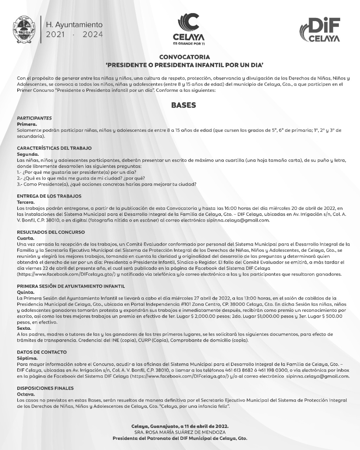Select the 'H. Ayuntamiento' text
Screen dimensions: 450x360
click(75, 25)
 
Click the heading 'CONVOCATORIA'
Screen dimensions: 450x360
click(185, 57)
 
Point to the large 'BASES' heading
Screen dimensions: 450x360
click(184, 105)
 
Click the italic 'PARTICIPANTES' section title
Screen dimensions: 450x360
click(34, 118)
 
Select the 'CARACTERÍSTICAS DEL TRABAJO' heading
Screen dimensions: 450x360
click(54, 148)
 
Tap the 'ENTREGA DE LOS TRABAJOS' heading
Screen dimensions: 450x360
click(49, 196)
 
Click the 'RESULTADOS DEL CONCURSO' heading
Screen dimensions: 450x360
click(51, 232)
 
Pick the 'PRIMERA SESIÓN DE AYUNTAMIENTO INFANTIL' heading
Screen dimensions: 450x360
click(71, 286)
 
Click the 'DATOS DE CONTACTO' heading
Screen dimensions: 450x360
click(42, 352)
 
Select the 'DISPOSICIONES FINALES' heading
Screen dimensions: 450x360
click(45, 388)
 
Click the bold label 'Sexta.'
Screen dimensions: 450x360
click(24, 328)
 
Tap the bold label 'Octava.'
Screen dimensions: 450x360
click(26, 394)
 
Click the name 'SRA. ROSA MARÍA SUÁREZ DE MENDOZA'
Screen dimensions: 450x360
click(180, 432)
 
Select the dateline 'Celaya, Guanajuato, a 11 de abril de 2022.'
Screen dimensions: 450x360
click(180, 426)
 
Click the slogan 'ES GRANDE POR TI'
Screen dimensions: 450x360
click(189, 44)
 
